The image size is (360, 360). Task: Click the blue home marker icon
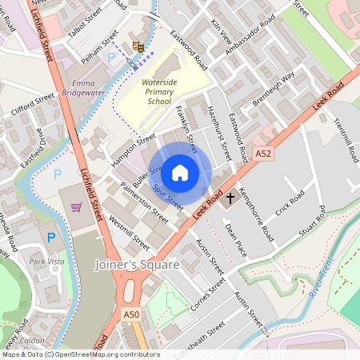[x=180, y=172]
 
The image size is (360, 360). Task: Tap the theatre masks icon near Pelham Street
[x=138, y=47]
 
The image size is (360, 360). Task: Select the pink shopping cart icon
[x=77, y=207]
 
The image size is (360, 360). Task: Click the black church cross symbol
[x=230, y=197]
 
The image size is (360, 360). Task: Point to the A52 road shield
[x=262, y=152]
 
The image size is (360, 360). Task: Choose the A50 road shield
[x=132, y=315]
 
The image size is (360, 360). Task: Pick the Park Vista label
[x=46, y=261]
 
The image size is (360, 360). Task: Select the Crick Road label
[x=290, y=203]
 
